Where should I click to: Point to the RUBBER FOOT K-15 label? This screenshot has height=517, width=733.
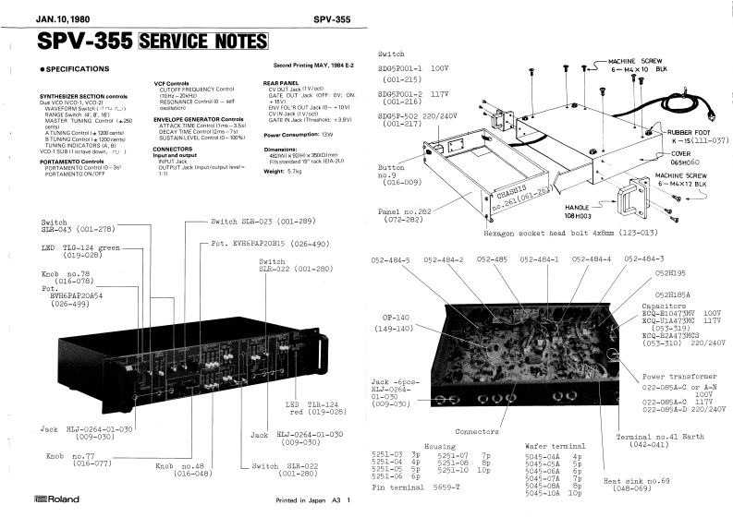pos(690,136)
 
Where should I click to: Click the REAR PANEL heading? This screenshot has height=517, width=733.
pos(285,82)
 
